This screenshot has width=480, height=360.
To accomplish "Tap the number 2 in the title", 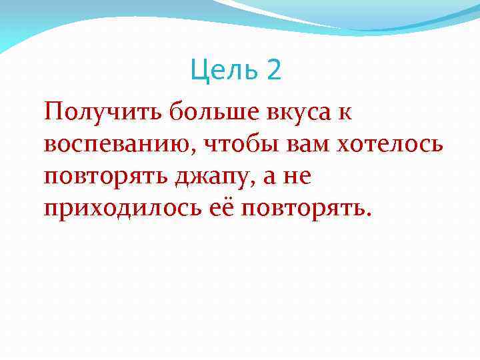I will [273, 69].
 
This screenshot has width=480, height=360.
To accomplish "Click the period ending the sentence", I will [364, 216].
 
